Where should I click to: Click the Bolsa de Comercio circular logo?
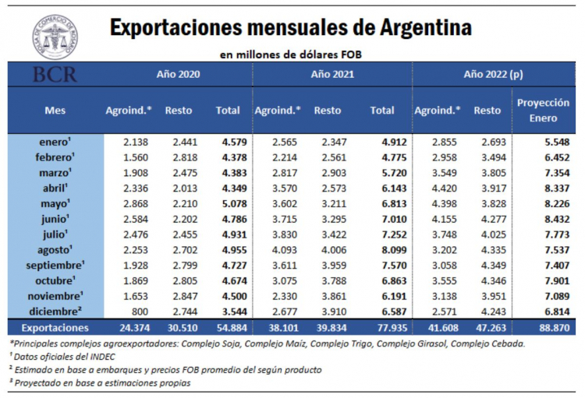click(x=55, y=37)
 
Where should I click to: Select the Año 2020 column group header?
click(x=179, y=75)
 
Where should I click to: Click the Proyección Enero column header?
click(x=543, y=110)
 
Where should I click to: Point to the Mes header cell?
click(x=55, y=110)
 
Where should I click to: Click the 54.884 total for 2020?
click(x=229, y=328)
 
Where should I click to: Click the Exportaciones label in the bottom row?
click(x=55, y=328)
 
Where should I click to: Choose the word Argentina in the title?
click(x=424, y=29)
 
